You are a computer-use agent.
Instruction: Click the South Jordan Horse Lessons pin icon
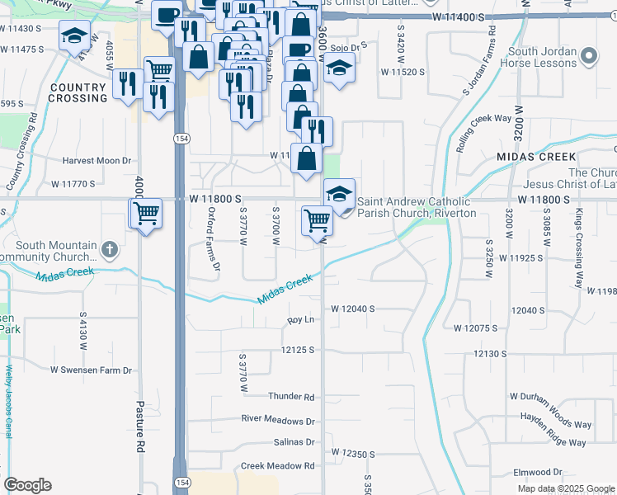[x=588, y=57]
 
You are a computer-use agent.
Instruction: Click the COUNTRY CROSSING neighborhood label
[x=78, y=92]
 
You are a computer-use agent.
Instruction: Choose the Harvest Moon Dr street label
[x=96, y=160]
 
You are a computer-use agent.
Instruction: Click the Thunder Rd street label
[x=291, y=397]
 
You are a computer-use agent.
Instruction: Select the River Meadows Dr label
[x=278, y=419]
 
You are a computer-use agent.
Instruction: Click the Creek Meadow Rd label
[x=278, y=466]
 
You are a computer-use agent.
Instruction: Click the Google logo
[x=27, y=485]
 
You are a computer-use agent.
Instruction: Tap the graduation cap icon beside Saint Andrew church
[x=339, y=194]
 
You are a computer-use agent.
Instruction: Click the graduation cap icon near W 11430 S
[x=75, y=35]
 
